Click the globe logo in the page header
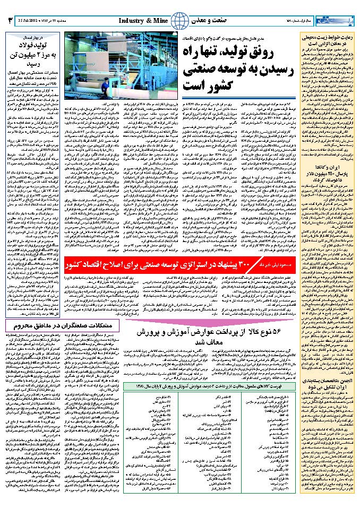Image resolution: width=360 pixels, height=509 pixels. coord(182,20)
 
